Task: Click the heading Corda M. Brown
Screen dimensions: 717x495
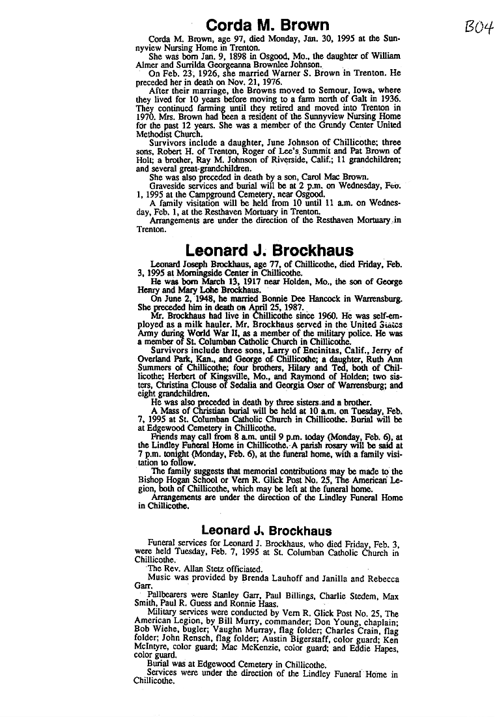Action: pos(268,25)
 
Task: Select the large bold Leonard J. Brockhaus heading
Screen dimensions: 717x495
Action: pos(269,250)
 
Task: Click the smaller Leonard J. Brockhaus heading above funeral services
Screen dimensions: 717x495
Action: pos(266,531)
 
